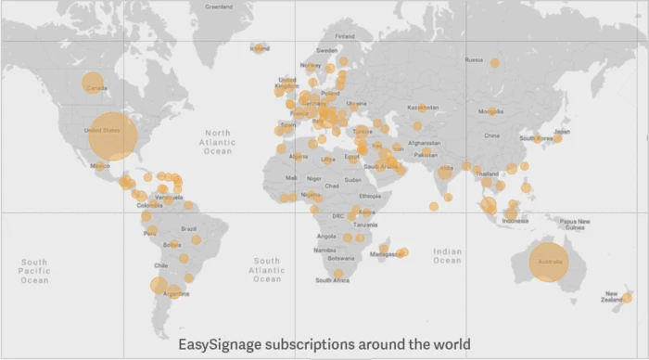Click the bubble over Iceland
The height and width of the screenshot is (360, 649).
260,47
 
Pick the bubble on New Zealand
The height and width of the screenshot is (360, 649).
627,298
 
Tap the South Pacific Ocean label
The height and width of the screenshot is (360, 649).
34,270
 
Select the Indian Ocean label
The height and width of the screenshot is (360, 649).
447,256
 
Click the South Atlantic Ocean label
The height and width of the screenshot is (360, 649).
266,270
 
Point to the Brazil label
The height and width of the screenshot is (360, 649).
189,228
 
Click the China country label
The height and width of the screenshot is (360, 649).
491,135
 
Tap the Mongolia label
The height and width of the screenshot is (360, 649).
490,111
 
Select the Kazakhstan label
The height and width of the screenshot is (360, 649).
423,107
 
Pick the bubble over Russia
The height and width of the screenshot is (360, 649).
494,63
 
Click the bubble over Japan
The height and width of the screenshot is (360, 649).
557,135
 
